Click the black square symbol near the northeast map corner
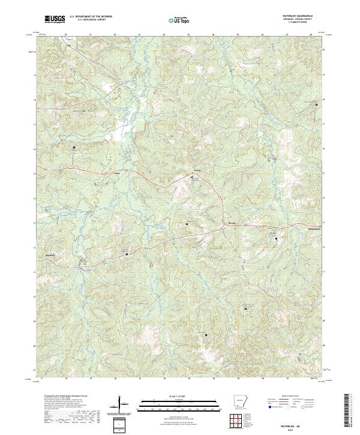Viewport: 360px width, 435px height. (317, 106)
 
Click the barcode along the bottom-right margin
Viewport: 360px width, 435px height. (350, 411)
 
